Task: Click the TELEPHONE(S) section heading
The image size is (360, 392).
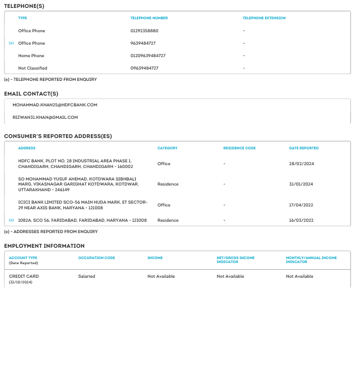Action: [x=24, y=6]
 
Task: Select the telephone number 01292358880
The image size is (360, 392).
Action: [x=144, y=31]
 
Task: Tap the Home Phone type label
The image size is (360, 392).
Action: [x=31, y=55]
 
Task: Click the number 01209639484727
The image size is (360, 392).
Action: [x=148, y=55]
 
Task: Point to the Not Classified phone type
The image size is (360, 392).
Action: [x=33, y=68]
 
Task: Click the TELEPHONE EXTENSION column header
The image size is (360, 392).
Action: [x=264, y=18]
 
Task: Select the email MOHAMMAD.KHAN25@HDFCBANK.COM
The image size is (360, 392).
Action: [x=55, y=105]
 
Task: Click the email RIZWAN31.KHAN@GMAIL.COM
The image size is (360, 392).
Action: [x=45, y=117]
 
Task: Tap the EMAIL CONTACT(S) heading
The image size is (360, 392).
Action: [x=31, y=94]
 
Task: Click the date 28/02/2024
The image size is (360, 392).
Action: [x=301, y=163]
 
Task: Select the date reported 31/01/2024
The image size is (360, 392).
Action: [x=301, y=184]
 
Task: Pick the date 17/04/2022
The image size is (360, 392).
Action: [x=301, y=205]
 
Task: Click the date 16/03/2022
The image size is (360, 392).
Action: [x=301, y=220]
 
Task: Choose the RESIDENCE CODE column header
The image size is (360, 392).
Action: [x=239, y=148]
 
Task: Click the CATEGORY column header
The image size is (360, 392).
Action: [x=167, y=148]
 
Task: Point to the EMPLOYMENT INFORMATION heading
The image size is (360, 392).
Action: [x=44, y=246]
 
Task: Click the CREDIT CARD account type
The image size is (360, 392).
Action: [x=24, y=276]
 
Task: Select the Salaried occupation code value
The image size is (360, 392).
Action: [x=86, y=276]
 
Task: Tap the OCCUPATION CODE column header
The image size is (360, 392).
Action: [x=96, y=258]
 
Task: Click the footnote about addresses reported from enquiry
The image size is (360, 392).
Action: [x=51, y=231]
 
